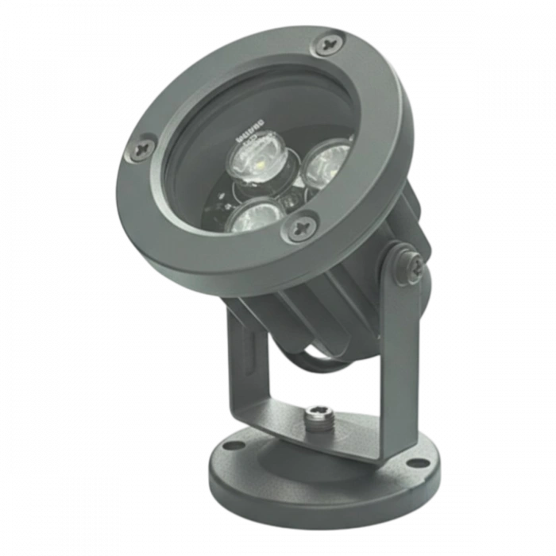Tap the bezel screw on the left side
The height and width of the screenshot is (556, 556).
pos(144,146)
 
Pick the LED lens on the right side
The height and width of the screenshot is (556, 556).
pos(326,162)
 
